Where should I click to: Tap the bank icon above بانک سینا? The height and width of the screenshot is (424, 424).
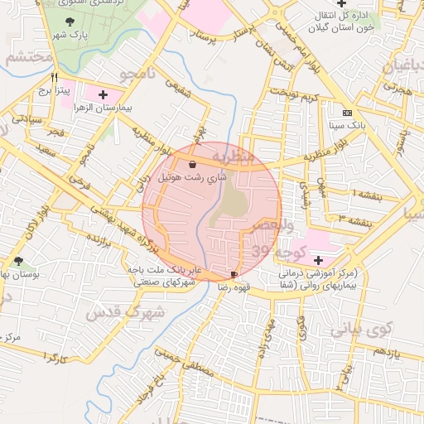click(x=346, y=113)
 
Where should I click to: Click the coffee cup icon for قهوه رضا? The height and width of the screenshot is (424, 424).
click(x=234, y=273)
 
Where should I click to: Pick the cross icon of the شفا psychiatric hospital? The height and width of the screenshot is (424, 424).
click(x=318, y=260)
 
